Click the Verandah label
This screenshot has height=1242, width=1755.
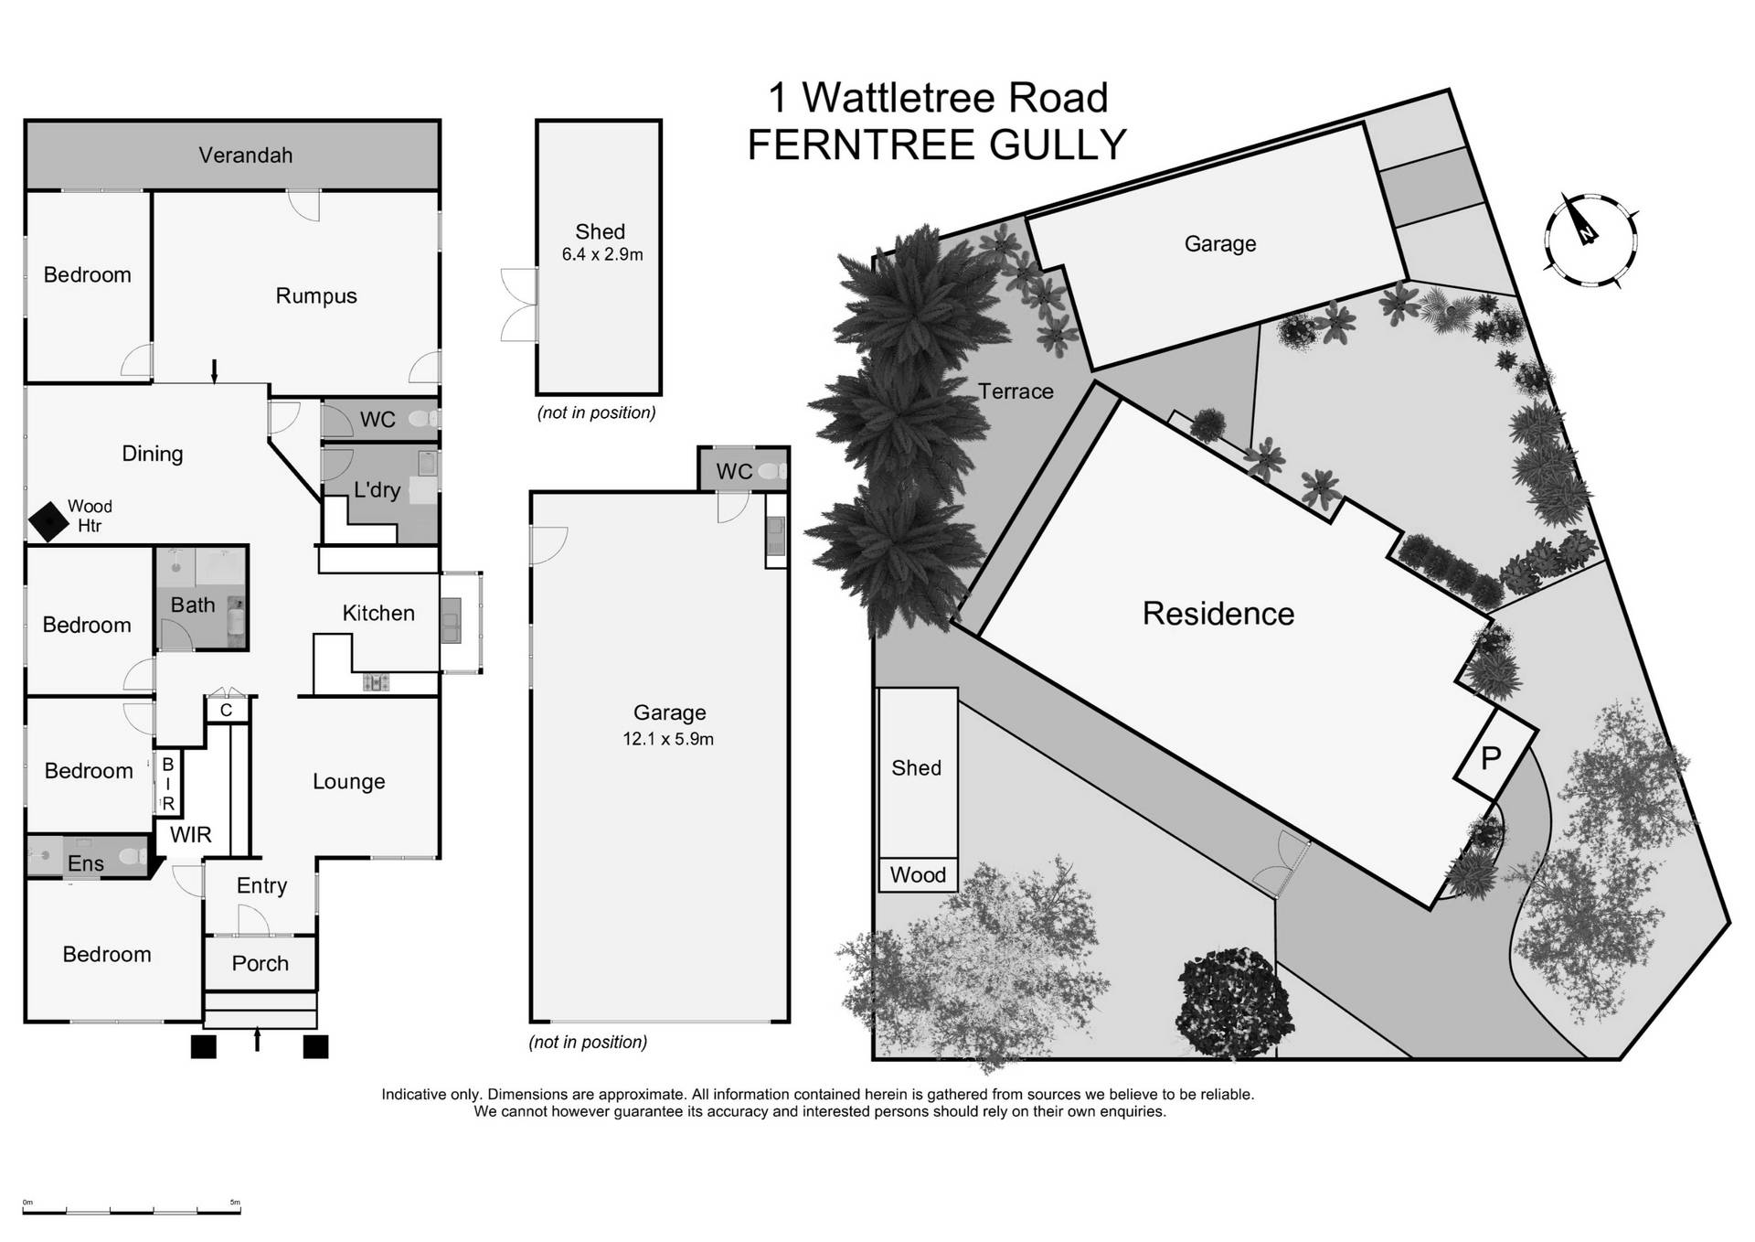pyautogui.click(x=245, y=155)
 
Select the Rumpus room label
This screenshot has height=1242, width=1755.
pyautogui.click(x=316, y=295)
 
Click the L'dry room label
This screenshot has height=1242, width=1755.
pyautogui.click(x=377, y=489)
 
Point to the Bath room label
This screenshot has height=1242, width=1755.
pyautogui.click(x=193, y=605)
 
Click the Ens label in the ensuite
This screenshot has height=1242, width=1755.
pyautogui.click(x=86, y=863)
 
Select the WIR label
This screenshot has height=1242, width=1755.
pyautogui.click(x=190, y=834)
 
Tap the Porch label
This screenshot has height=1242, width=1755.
pyautogui.click(x=260, y=963)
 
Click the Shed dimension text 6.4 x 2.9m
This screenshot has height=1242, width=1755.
pyautogui.click(x=601, y=255)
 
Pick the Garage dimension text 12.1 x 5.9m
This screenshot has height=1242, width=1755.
pyautogui.click(x=667, y=739)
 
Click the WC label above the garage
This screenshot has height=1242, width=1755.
pyautogui.click(x=734, y=471)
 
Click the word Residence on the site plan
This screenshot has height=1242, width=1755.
pyautogui.click(x=1218, y=614)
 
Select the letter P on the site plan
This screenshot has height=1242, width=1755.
pyautogui.click(x=1490, y=758)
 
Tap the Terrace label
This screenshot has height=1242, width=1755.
pyautogui.click(x=1015, y=391)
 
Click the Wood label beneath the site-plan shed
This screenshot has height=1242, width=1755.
pyautogui.click(x=918, y=875)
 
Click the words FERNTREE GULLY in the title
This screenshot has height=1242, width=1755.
pyautogui.click(x=936, y=145)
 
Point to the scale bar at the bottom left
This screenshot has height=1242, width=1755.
pyautogui.click(x=132, y=1209)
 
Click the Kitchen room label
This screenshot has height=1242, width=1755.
pyautogui.click(x=378, y=613)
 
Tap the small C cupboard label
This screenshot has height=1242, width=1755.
pyautogui.click(x=226, y=710)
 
